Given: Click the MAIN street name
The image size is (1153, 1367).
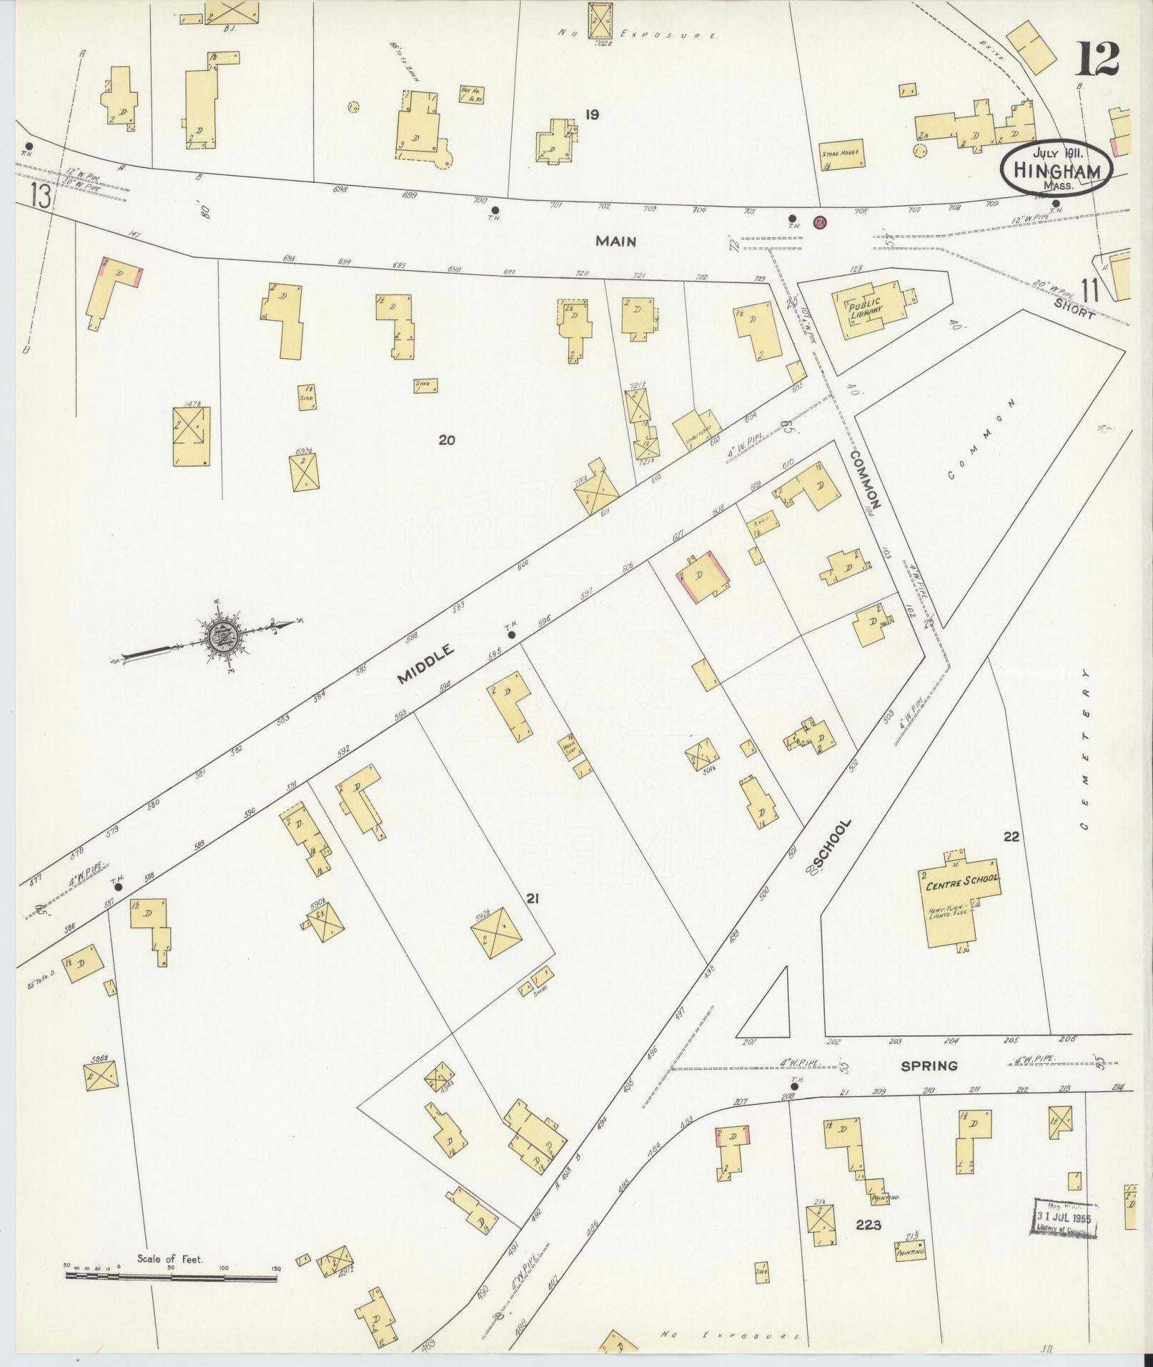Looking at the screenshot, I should click(616, 242).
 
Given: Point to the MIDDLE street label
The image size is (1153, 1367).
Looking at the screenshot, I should click(426, 664).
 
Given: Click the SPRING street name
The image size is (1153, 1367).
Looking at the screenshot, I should click(929, 1065).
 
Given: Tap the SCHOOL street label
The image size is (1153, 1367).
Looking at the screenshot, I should click(832, 844).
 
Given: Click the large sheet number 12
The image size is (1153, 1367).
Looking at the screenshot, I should click(1096, 59).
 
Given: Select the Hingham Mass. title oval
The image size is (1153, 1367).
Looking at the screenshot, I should click(1056, 169).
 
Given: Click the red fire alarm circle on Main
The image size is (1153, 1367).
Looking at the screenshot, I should click(820, 222).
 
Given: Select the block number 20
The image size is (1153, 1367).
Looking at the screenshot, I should click(447, 440).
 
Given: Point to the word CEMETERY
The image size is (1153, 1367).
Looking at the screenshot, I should click(1085, 750).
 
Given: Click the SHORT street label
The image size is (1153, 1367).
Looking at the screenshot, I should click(1074, 308).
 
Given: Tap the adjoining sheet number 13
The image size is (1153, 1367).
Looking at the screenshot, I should click(41, 196).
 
